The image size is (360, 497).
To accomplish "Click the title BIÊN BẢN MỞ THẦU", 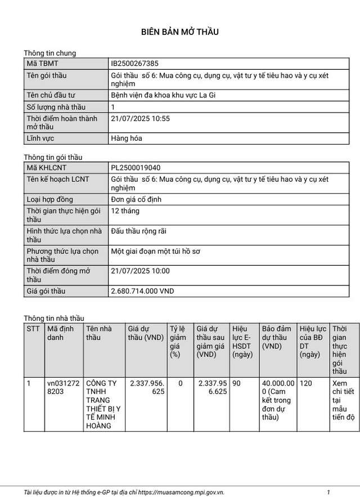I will (x=179, y=32).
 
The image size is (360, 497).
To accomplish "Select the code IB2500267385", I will (x=138, y=64).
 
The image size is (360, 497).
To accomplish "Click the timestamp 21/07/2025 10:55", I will (x=140, y=119).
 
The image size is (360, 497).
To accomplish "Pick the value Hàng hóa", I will (x=127, y=138).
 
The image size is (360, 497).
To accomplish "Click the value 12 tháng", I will (x=125, y=211).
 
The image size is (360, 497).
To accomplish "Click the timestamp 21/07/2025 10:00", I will (x=140, y=271).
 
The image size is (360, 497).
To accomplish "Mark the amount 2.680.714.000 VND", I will (x=143, y=291).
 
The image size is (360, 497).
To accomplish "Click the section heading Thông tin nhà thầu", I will (x=53, y=318).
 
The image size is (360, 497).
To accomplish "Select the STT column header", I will (x=33, y=329).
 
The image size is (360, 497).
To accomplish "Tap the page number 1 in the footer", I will (x=328, y=491).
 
